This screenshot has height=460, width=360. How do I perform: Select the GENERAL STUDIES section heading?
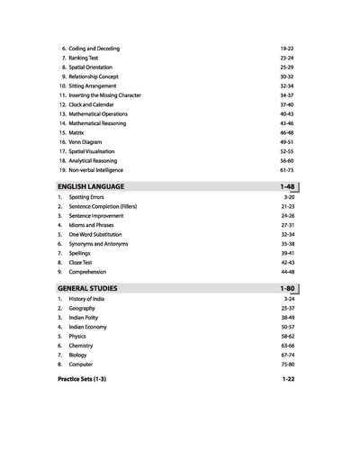(x=86, y=287)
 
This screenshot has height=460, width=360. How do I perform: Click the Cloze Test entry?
(x=84, y=262)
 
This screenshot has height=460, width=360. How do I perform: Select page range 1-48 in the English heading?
(x=288, y=185)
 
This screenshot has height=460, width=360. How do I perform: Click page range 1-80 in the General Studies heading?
(x=288, y=287)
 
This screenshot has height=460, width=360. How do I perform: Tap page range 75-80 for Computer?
(x=289, y=365)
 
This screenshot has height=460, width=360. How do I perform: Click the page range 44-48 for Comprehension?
(x=289, y=271)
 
